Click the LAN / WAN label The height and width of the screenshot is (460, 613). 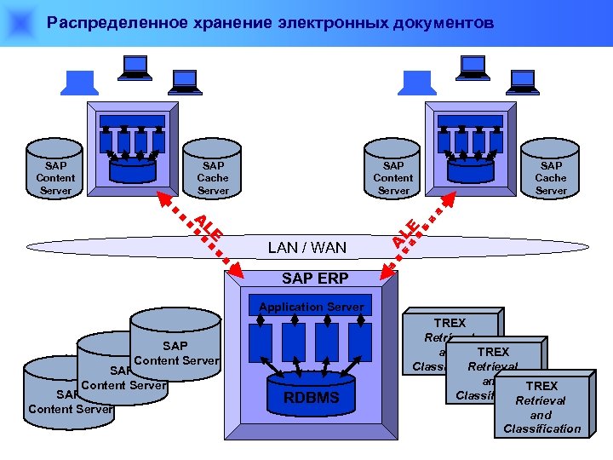pyautogui.click(x=307, y=248)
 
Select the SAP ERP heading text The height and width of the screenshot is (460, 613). pyautogui.click(x=314, y=279)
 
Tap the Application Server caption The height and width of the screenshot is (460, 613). pyautogui.click(x=312, y=307)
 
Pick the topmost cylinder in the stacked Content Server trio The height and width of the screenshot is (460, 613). pyautogui.click(x=175, y=341)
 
